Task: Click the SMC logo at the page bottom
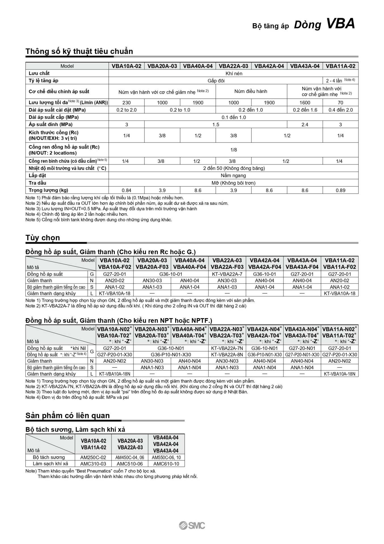coord(192,526)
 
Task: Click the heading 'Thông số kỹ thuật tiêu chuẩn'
coord(79,51)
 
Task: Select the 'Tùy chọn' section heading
coord(43,237)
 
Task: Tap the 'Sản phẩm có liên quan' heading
coord(67,415)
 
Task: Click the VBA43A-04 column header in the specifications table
coord(305,66)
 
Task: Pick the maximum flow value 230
coord(126,103)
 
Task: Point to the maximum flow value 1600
coord(305,103)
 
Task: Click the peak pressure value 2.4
coord(305,124)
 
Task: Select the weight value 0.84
coord(126,190)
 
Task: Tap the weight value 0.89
coord(340,190)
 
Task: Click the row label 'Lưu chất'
coord(39,73)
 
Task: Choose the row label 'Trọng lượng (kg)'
coord(48,190)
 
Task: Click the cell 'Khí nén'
coord(234,73)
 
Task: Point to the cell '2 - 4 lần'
coord(334,81)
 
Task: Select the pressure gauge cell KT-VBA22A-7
coord(227,274)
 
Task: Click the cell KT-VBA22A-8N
coord(227,354)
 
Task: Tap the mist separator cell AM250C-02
coord(93,457)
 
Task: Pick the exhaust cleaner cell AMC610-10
coord(166,464)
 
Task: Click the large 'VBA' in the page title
coord(340,24)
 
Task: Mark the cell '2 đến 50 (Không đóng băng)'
coord(234,168)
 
